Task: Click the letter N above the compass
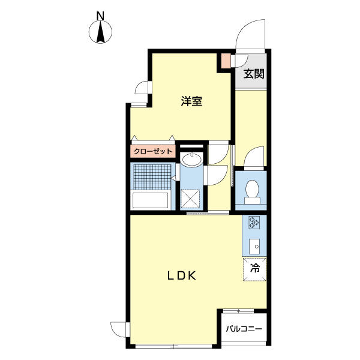(101, 14)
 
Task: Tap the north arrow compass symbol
(101, 32)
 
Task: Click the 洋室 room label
(191, 101)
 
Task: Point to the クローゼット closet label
(152, 151)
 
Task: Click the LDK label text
(182, 276)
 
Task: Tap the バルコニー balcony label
(244, 329)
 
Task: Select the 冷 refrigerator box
(254, 268)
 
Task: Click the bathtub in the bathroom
(151, 200)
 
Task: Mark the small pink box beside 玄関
(225, 61)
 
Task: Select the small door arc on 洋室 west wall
(142, 88)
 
